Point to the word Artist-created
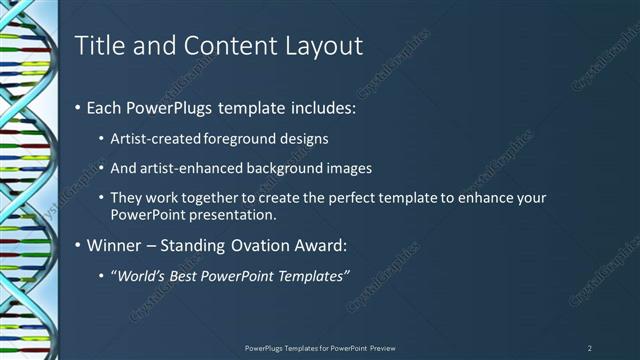(x=153, y=138)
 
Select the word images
(x=347, y=168)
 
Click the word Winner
(x=115, y=245)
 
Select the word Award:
(x=329, y=245)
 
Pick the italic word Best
(x=183, y=276)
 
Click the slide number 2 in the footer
(x=590, y=348)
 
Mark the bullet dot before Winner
(x=78, y=245)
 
